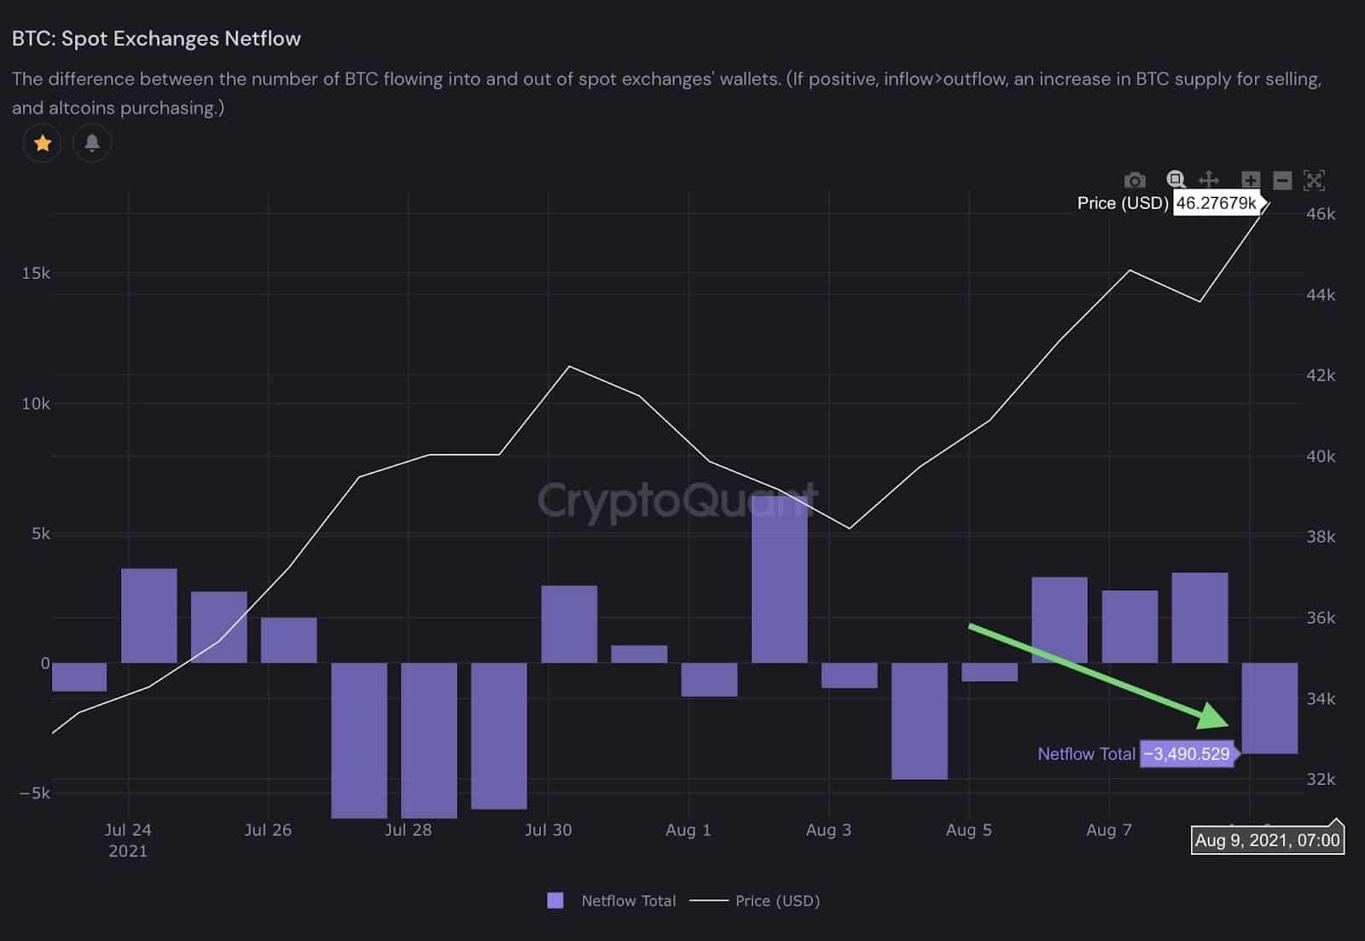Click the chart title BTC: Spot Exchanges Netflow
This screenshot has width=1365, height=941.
click(x=156, y=38)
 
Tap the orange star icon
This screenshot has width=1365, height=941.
click(x=42, y=143)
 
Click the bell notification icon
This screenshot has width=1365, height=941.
click(x=92, y=143)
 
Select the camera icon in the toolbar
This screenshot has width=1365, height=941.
click(x=1135, y=180)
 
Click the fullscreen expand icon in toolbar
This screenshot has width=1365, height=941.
click(x=1314, y=180)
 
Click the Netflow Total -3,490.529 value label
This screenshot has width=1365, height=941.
click(x=1187, y=754)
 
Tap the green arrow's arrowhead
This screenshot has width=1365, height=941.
click(x=1215, y=717)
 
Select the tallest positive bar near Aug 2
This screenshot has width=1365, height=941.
click(x=779, y=580)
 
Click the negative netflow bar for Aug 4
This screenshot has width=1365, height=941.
click(x=919, y=721)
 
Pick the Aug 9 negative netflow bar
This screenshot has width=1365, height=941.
click(x=1269, y=708)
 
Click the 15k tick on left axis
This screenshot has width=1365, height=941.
click(x=36, y=273)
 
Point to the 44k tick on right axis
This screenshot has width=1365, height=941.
click(x=1321, y=294)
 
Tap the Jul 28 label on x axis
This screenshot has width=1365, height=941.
click(x=408, y=830)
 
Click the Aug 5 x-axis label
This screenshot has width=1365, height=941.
click(x=968, y=830)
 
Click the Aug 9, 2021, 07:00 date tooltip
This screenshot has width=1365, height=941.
click(x=1267, y=840)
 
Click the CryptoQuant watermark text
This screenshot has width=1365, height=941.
click(x=677, y=500)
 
